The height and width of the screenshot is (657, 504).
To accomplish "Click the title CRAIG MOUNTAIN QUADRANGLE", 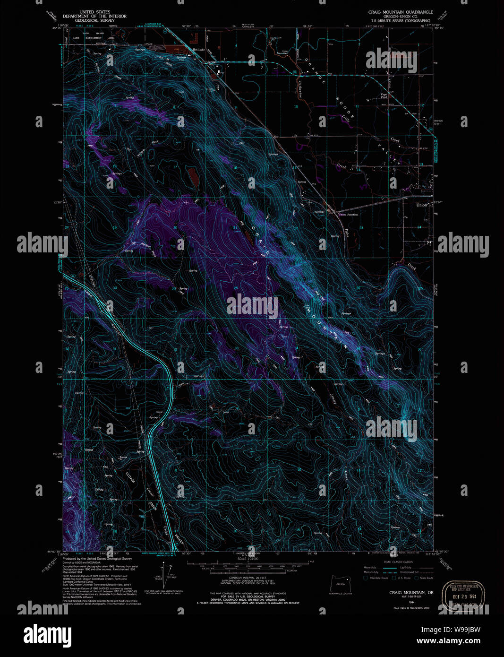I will tap(401, 12).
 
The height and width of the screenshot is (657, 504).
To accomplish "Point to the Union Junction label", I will tap(348, 215).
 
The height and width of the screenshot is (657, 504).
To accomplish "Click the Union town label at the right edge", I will tap(421, 205).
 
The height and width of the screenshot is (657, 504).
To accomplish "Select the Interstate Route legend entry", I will tap(376, 578).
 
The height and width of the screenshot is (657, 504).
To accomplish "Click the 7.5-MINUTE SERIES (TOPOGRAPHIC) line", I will tap(401, 21).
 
